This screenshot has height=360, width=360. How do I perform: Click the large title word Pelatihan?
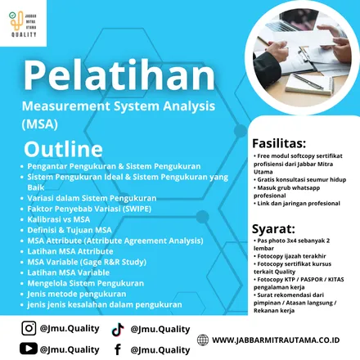pos(119,78)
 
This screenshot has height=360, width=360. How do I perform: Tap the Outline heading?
pos(63,150)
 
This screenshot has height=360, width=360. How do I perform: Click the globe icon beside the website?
pos(203,340)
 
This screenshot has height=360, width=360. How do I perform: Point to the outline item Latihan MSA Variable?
pos(68,272)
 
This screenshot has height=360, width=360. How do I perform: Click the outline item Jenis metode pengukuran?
pos(77,293)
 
